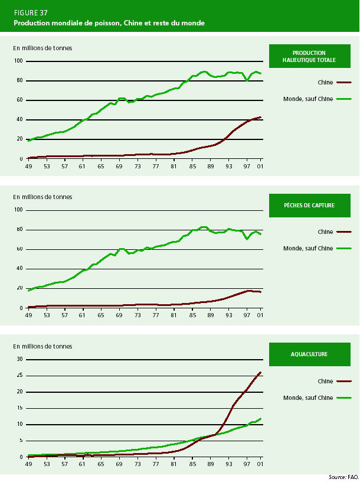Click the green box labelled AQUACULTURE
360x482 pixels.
(x=309, y=354)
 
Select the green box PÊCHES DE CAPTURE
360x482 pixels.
(x=309, y=205)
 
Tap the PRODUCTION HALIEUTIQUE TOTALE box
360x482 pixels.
(x=309, y=56)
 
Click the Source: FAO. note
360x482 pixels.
(x=343, y=476)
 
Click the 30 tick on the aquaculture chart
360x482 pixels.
(x=19, y=359)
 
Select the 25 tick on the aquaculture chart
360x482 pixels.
(x=19, y=375)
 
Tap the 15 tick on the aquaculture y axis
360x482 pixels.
(x=19, y=408)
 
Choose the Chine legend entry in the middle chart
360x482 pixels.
(x=325, y=232)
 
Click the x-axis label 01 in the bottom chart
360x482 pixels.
(x=260, y=464)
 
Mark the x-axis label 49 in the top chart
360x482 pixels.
(x=28, y=166)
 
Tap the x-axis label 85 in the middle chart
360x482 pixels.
(x=193, y=315)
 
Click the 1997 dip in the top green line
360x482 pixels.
(x=247, y=80)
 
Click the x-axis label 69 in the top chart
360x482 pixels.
(x=119, y=166)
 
